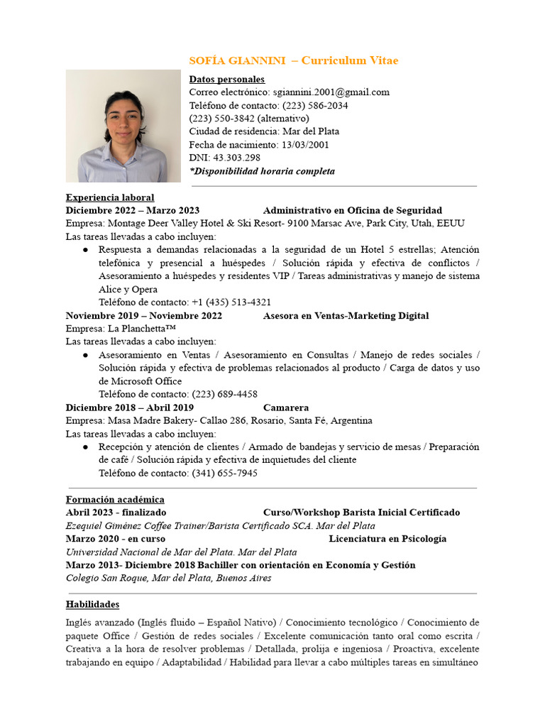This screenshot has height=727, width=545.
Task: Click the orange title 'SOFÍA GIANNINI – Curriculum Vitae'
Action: click(298, 61)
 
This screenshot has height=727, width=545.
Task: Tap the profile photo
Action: click(123, 126)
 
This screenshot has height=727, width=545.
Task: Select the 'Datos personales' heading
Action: click(227, 80)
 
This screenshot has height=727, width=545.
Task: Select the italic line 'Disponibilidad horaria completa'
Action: click(263, 171)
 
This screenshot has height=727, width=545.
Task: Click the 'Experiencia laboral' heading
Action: click(110, 197)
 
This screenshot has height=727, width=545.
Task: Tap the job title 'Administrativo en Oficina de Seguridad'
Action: click(353, 210)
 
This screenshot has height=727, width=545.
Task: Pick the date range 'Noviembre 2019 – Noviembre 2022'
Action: click(144, 315)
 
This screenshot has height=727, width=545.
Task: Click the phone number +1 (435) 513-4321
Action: click(231, 302)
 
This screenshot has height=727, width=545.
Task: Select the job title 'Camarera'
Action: click(286, 408)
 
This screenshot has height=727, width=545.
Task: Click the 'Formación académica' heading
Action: click(115, 499)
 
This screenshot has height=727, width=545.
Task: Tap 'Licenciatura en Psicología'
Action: click(387, 538)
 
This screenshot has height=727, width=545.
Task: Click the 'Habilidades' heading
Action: click(92, 604)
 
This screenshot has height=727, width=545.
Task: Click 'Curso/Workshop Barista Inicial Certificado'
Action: click(361, 512)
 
